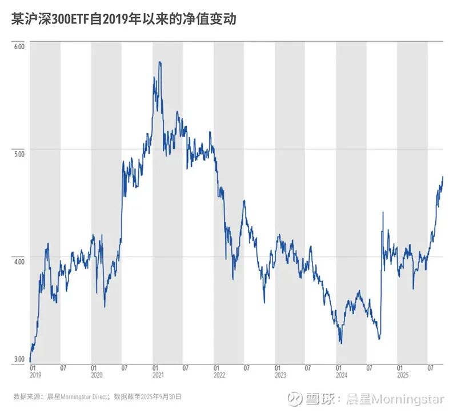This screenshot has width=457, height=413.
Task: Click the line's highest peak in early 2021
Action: point(159,62)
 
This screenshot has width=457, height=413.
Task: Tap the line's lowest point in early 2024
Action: point(341,343)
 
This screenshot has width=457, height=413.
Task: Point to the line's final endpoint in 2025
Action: point(443,177)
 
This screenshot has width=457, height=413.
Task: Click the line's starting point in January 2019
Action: point(30,361)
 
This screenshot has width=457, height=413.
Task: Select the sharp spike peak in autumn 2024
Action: point(382,212)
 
